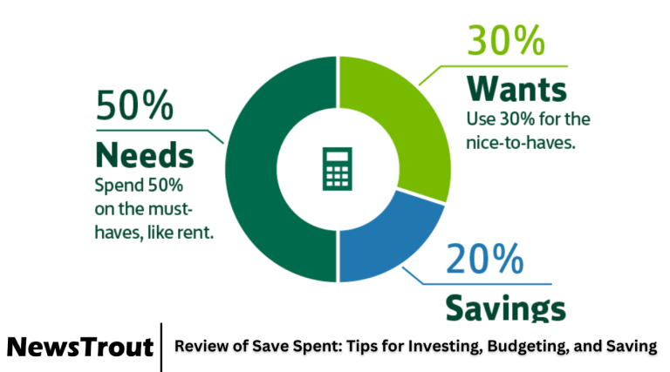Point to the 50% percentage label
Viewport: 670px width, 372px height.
tap(134, 107)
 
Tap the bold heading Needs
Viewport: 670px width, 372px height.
tap(144, 155)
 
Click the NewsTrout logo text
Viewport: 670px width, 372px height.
tap(80, 347)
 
